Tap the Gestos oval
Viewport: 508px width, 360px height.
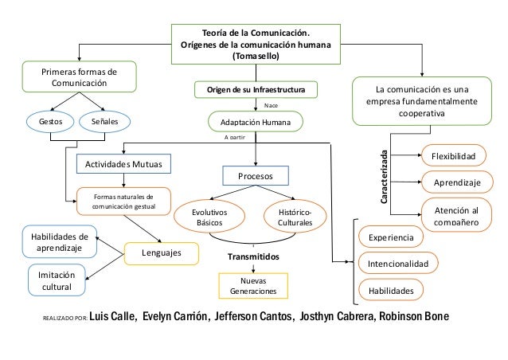coord(45,122)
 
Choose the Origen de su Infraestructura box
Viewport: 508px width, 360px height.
coord(256,89)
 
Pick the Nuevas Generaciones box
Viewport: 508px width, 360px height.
coord(252,286)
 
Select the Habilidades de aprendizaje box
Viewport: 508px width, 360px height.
coord(56,242)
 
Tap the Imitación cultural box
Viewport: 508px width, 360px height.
coord(56,280)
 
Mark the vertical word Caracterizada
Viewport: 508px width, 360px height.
coord(385,179)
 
